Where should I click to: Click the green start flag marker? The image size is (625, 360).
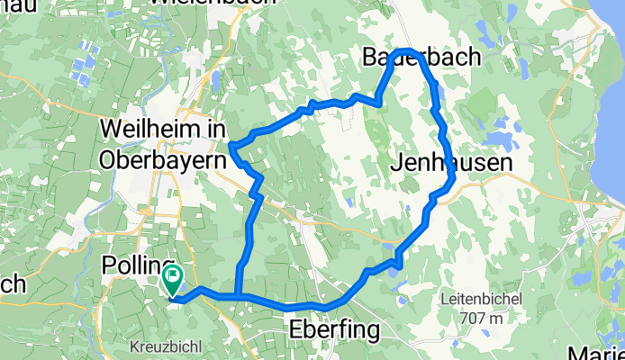tap(171, 280)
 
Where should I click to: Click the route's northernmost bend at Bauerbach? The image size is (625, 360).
tap(407, 50)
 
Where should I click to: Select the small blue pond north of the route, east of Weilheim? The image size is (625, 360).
tap(216, 83)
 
